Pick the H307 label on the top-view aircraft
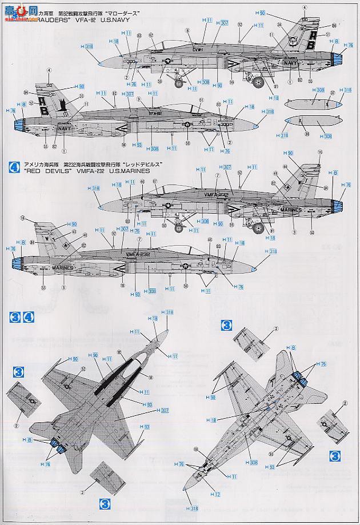(162, 410)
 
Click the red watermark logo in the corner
(17, 9)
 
